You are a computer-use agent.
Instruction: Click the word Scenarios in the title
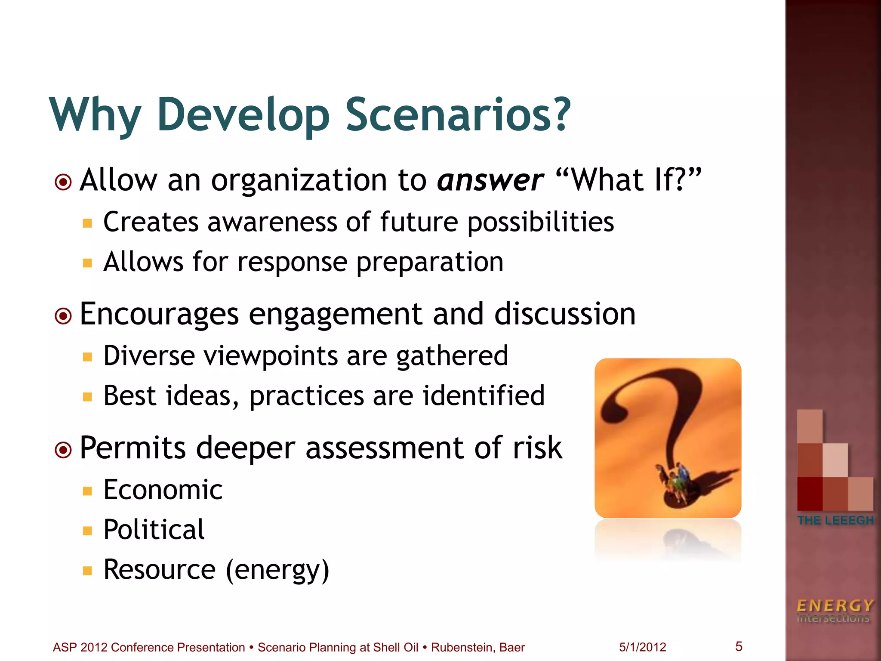click(x=458, y=114)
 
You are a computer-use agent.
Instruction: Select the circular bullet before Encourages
click(x=63, y=316)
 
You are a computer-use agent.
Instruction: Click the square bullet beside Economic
click(x=88, y=491)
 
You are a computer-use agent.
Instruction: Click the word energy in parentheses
click(x=277, y=570)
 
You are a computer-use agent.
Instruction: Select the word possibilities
click(x=541, y=222)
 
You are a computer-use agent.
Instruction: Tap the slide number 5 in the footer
click(x=739, y=646)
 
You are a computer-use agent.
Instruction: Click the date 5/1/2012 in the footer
click(x=642, y=647)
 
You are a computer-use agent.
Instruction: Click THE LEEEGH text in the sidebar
click(x=835, y=520)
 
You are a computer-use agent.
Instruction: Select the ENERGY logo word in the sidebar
click(x=835, y=605)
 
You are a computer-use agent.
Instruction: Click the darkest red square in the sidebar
click(x=810, y=494)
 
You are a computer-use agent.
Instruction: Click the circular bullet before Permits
click(x=63, y=450)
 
